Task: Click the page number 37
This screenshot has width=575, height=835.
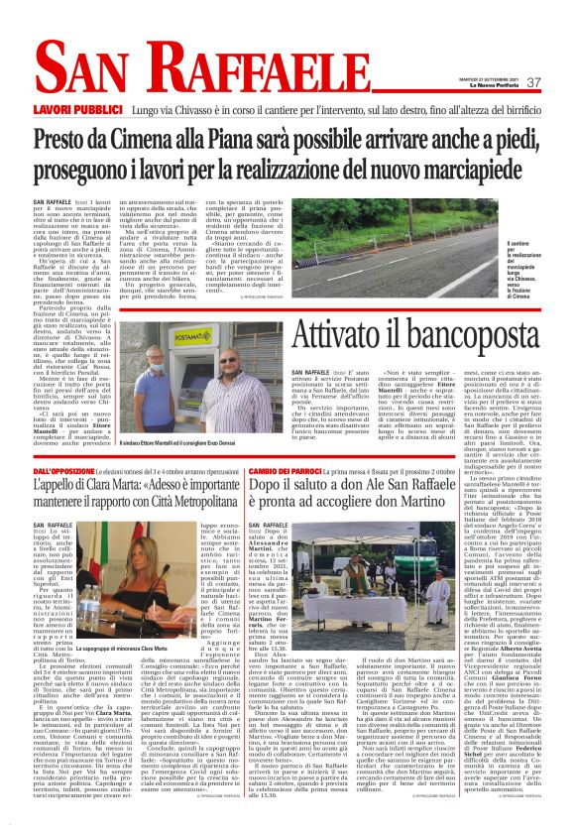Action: pyautogui.click(x=534, y=82)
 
